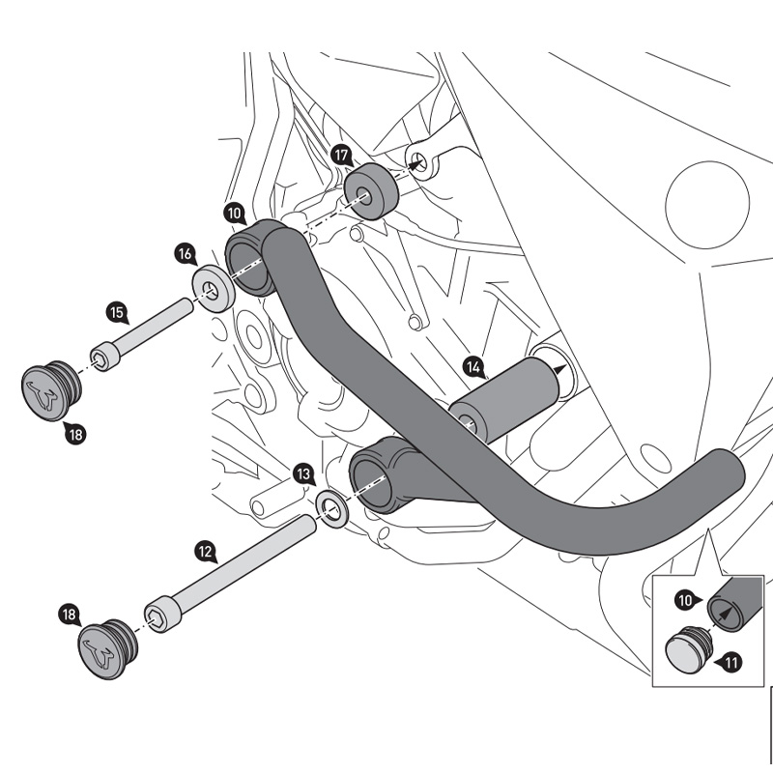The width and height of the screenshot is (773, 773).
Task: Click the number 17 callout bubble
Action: [339, 155]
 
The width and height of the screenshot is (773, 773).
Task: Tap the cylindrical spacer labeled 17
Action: [373, 191]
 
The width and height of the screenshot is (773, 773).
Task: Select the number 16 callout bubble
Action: [185, 253]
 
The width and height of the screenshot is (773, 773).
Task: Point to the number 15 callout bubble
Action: [116, 312]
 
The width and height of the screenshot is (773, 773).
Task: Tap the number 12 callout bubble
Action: [205, 552]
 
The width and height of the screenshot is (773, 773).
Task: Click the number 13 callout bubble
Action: [303, 473]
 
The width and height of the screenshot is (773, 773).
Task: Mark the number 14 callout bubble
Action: [473, 366]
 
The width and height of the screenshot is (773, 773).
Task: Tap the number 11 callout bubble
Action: [730, 662]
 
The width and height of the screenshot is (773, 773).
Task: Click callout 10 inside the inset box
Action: [685, 600]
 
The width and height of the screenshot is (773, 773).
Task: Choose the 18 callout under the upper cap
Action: [75, 435]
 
